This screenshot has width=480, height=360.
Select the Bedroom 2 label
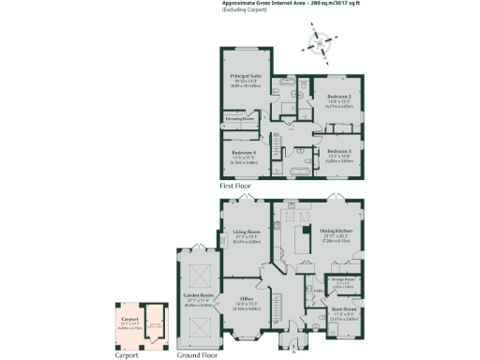339,97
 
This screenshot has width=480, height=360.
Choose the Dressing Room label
240,118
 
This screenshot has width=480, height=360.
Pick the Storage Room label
342,279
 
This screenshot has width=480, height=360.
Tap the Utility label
319,291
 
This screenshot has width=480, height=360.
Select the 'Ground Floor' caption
197,356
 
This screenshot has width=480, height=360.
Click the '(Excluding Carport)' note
240,11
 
